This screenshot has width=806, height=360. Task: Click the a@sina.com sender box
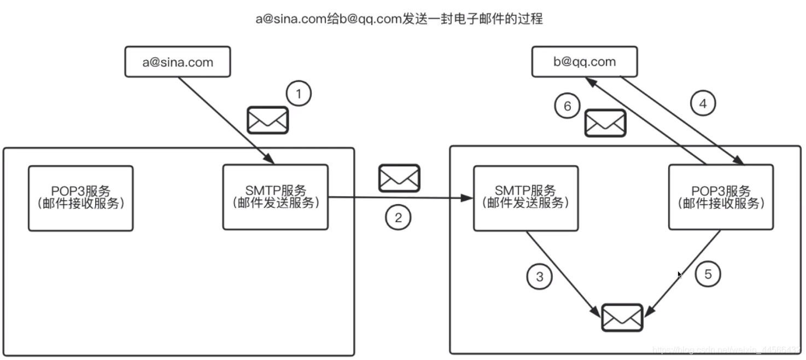click(178, 62)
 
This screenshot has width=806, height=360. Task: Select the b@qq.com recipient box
click(585, 62)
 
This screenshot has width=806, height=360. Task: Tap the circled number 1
click(298, 94)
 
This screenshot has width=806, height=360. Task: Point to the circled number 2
click(398, 218)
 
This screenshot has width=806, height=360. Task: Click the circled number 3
click(540, 277)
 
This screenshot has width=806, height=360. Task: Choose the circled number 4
click(703, 103)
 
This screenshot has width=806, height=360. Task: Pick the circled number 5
click(708, 274)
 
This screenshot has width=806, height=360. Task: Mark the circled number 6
click(567, 106)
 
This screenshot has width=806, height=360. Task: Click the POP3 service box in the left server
click(81, 198)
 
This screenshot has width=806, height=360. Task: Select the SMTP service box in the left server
click(276, 197)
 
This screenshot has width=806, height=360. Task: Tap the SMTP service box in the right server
click(525, 198)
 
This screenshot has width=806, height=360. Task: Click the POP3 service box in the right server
click(721, 197)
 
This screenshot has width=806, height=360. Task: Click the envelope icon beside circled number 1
click(267, 120)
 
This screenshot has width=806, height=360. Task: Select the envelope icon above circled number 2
click(399, 178)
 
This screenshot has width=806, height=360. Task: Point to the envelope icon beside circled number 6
click(605, 123)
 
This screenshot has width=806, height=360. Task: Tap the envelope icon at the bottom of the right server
click(622, 317)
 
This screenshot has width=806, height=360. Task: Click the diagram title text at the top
click(399, 19)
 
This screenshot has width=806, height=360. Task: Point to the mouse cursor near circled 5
click(680, 275)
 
